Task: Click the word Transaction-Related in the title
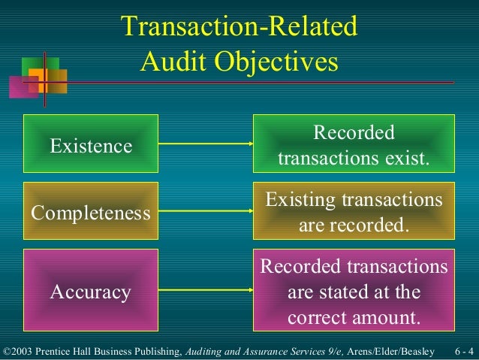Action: point(239,28)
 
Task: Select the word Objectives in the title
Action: point(281,62)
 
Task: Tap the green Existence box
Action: point(91,146)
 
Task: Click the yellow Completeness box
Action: point(91,213)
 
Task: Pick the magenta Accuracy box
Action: point(91,291)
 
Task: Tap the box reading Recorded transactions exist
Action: point(354,146)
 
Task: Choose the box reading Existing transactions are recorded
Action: point(354,213)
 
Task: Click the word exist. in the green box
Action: point(406,159)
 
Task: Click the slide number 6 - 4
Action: point(463,352)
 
